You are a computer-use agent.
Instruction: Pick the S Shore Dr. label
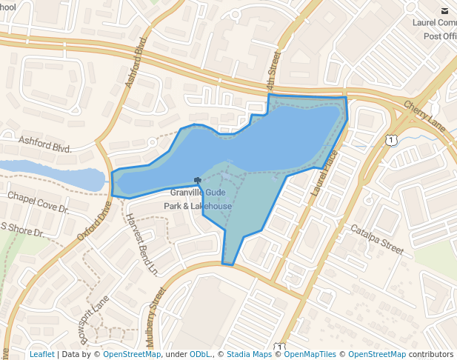[21, 230]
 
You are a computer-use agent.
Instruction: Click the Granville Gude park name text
[198, 193]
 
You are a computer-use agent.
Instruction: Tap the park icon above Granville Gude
[197, 180]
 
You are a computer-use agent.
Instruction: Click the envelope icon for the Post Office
[444, 10]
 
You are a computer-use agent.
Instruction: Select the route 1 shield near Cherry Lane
[390, 139]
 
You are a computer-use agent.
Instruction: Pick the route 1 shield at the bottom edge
[279, 347]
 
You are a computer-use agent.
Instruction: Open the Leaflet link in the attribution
[41, 354]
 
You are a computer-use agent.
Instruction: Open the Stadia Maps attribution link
[249, 354]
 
